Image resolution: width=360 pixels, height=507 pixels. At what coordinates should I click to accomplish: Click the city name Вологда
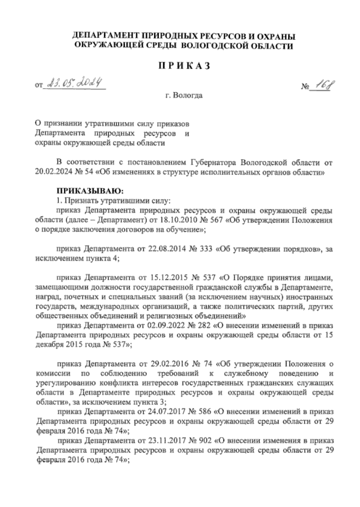[188, 96]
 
